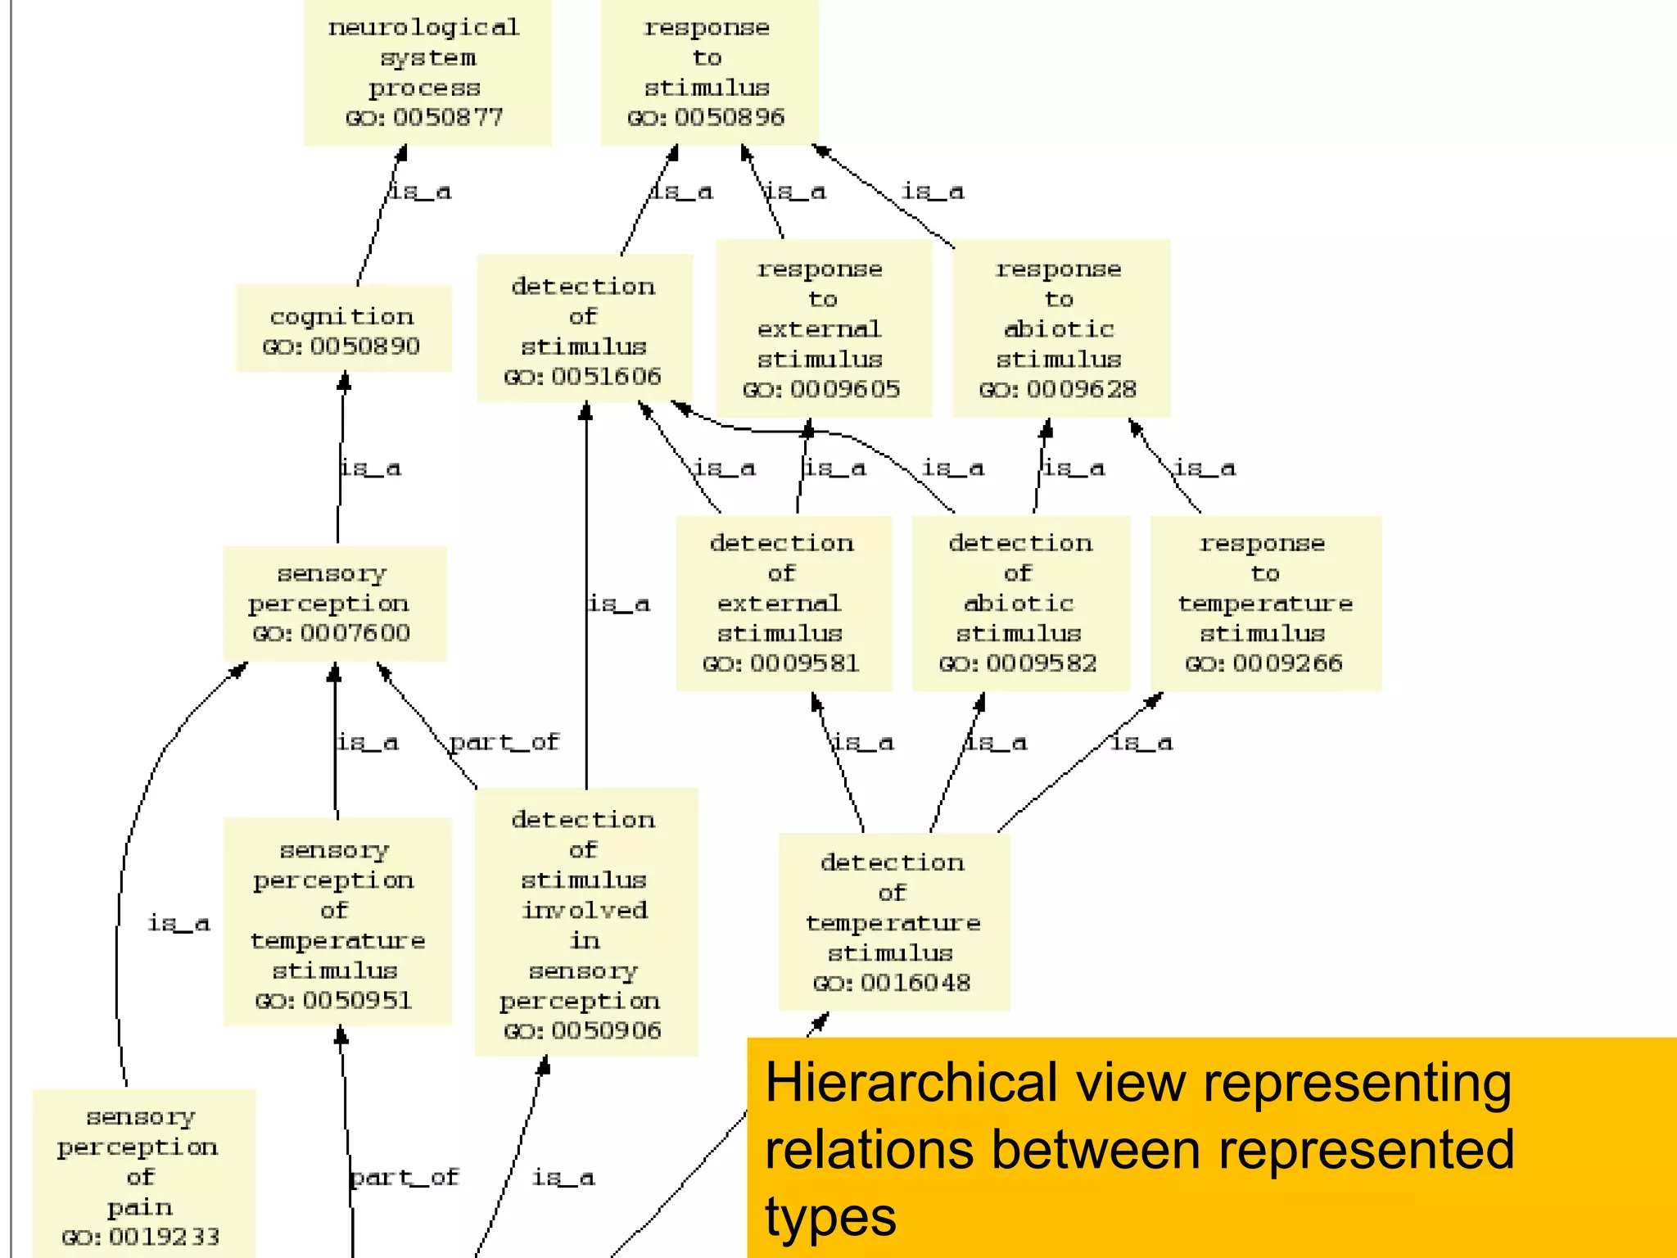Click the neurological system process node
[x=427, y=72]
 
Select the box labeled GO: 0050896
[x=708, y=72]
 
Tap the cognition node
[x=343, y=329]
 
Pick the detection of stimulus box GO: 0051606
[x=584, y=329]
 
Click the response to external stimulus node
[x=822, y=328]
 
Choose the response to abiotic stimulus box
[x=1060, y=328]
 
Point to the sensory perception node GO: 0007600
[x=333, y=604]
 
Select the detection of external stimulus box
[x=782, y=604]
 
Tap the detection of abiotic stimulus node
[x=1020, y=604]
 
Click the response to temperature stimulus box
[x=1265, y=604]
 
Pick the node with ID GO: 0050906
[x=585, y=923]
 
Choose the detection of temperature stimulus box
[x=893, y=922]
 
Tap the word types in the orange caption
[x=830, y=1217]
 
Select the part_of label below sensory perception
[x=504, y=742]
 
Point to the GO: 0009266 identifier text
[x=1263, y=663]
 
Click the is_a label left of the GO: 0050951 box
[x=179, y=924]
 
